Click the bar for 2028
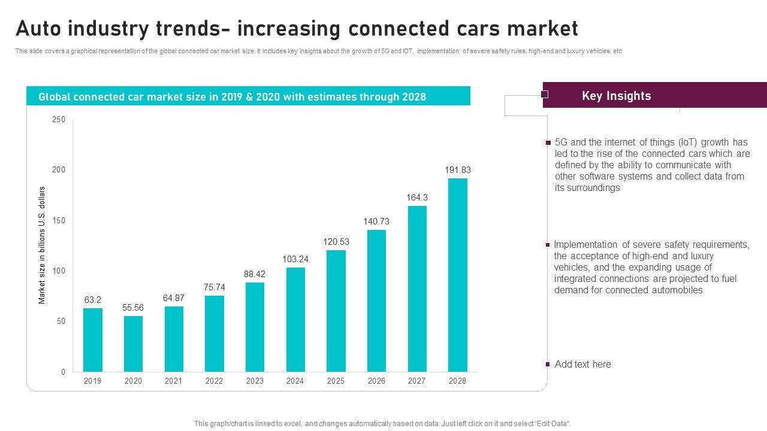point(458,275)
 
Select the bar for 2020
point(133,344)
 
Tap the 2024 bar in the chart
point(295,319)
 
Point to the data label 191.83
point(458,170)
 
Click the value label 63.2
point(92,300)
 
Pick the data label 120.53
point(336,242)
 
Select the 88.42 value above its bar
point(255,274)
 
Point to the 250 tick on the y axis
point(59,120)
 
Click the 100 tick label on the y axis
point(59,271)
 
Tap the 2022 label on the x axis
point(214,381)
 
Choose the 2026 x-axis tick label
point(376,381)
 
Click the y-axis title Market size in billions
point(42,245)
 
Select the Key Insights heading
point(616,96)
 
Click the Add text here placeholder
point(582,365)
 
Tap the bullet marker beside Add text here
point(548,364)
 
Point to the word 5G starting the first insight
point(561,142)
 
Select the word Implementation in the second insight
point(585,244)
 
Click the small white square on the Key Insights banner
point(545,94)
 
